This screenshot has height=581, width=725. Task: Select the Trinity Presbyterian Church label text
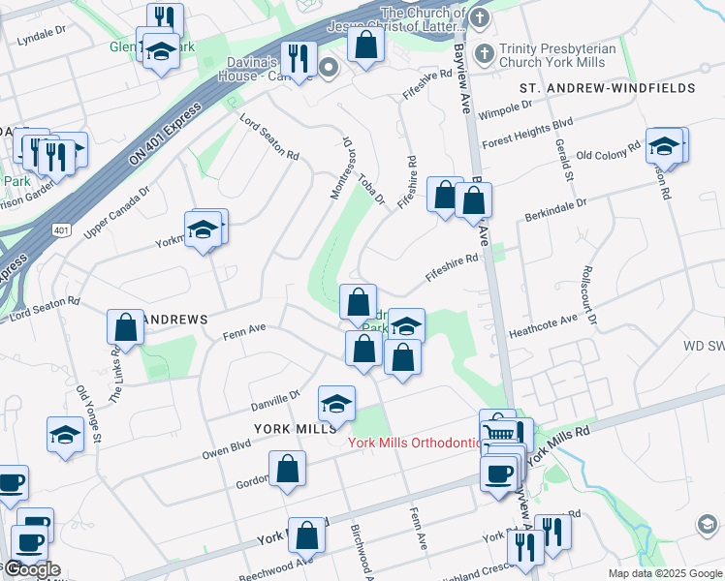click(564, 55)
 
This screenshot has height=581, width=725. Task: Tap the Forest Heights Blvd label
click(528, 131)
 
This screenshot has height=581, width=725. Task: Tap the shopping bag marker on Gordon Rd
click(289, 470)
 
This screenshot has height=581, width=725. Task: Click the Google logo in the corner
click(31, 569)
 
